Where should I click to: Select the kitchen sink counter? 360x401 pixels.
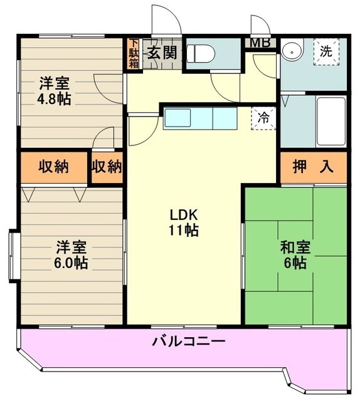click(201, 118)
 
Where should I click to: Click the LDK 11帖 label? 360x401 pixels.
click(184, 222)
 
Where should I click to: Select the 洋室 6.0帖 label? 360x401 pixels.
click(70, 254)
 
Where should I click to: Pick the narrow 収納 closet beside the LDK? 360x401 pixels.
click(107, 167)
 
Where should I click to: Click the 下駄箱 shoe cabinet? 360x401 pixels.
click(134, 54)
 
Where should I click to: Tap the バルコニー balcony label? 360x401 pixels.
click(189, 342)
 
